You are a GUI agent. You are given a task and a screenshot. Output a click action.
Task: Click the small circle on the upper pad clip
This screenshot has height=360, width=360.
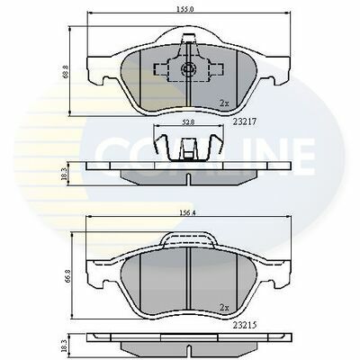[x=188, y=73]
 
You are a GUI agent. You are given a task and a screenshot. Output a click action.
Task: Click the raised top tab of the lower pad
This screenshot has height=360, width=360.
[x=187, y=238]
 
